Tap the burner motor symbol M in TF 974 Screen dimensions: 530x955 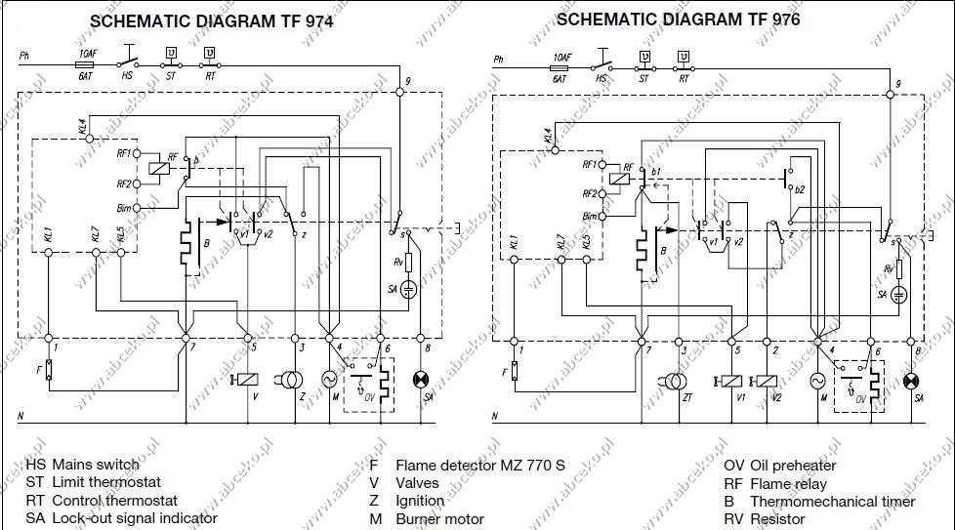point(328,379)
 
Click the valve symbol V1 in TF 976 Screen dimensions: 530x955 point(732,380)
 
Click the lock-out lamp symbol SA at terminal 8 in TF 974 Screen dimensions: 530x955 point(422,379)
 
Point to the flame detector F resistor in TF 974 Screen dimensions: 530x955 point(49,371)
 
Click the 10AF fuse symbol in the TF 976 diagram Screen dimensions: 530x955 point(560,67)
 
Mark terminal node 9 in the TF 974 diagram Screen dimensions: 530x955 point(399,92)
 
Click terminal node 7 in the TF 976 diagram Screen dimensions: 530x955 point(642,341)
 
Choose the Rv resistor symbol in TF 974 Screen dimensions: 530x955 point(409,262)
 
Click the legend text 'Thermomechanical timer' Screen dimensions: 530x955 point(832,501)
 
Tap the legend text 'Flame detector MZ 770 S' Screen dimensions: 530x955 point(479,465)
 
